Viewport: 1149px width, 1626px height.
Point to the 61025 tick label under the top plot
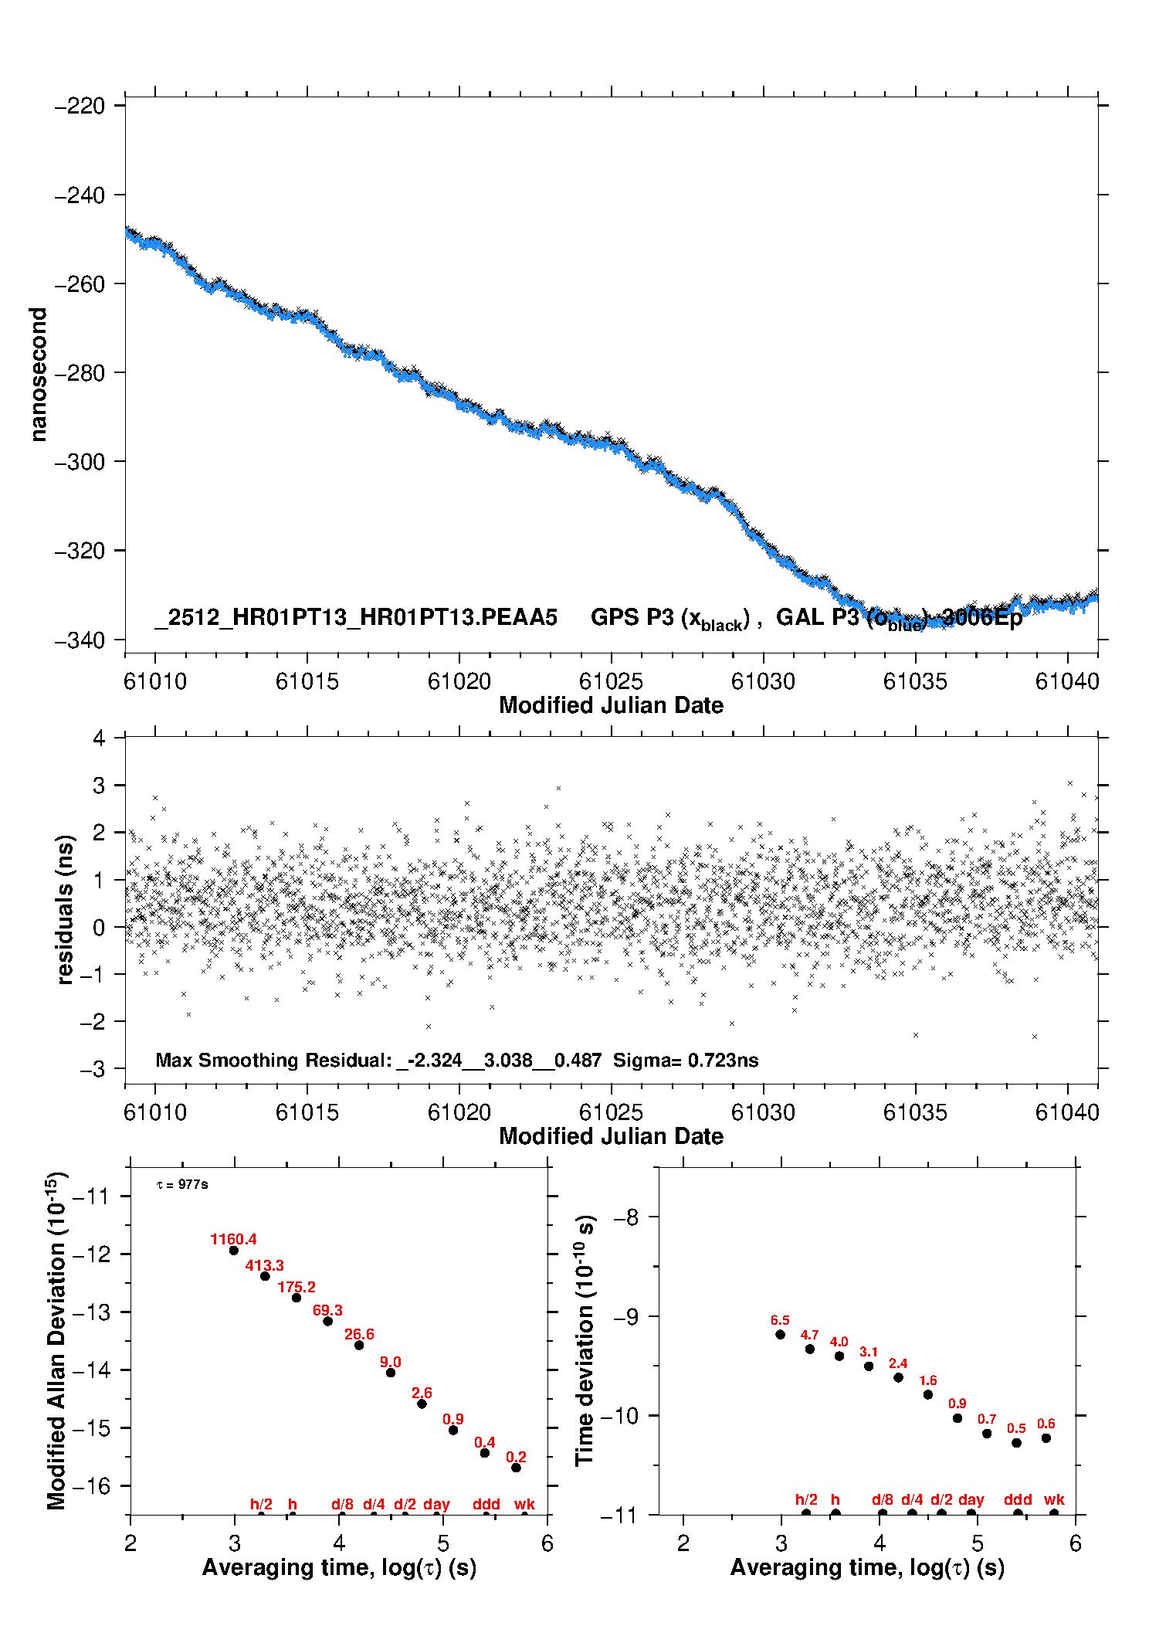[x=611, y=682]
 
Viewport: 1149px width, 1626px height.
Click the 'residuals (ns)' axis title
[x=65, y=909]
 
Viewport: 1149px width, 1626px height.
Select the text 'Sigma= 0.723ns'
[x=686, y=1061]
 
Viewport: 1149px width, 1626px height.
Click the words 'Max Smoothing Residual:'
[x=273, y=1061]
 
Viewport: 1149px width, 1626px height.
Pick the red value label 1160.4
[x=233, y=1240]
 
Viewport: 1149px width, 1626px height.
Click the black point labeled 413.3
[x=265, y=1276]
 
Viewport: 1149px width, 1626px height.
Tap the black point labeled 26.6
[x=359, y=1346]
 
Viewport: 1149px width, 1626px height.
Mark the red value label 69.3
[x=327, y=1311]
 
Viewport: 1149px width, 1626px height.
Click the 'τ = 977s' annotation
[x=182, y=1185]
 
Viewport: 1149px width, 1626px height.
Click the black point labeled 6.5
[x=780, y=1335]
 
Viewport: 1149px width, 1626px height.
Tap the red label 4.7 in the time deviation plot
[x=809, y=1335]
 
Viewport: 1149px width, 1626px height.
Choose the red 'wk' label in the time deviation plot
[x=1054, y=1500]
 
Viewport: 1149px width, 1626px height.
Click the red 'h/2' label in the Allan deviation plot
[x=261, y=1505]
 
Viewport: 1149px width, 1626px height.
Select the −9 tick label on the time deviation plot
[x=627, y=1316]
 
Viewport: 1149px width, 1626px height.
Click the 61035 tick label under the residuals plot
[x=915, y=1113]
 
